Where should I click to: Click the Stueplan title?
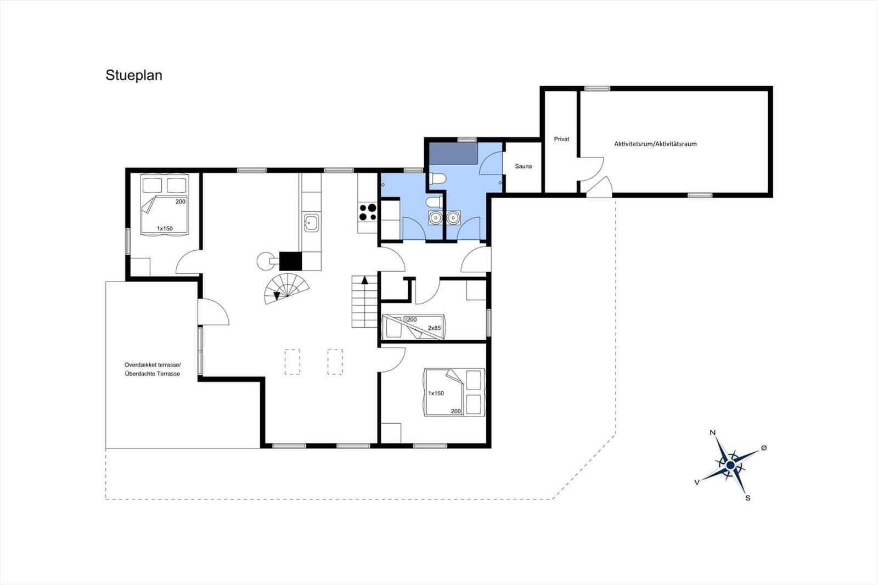(134, 76)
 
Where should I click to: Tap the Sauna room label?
(524, 166)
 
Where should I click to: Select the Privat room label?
(561, 139)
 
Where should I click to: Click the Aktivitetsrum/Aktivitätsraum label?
(655, 144)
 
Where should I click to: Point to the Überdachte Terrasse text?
(153, 374)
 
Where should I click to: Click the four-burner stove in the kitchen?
(368, 212)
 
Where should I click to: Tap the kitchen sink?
(312, 223)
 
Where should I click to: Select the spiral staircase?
(286, 289)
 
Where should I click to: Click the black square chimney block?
(290, 261)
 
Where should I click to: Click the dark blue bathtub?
(453, 153)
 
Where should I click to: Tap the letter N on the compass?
(713, 433)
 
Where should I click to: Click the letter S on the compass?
(748, 498)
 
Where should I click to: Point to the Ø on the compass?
(763, 448)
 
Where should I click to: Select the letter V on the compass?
(697, 483)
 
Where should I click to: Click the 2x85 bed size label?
(434, 328)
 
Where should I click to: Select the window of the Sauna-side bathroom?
(467, 139)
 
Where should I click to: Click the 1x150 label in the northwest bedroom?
(165, 229)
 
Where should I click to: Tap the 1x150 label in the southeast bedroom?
(436, 393)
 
